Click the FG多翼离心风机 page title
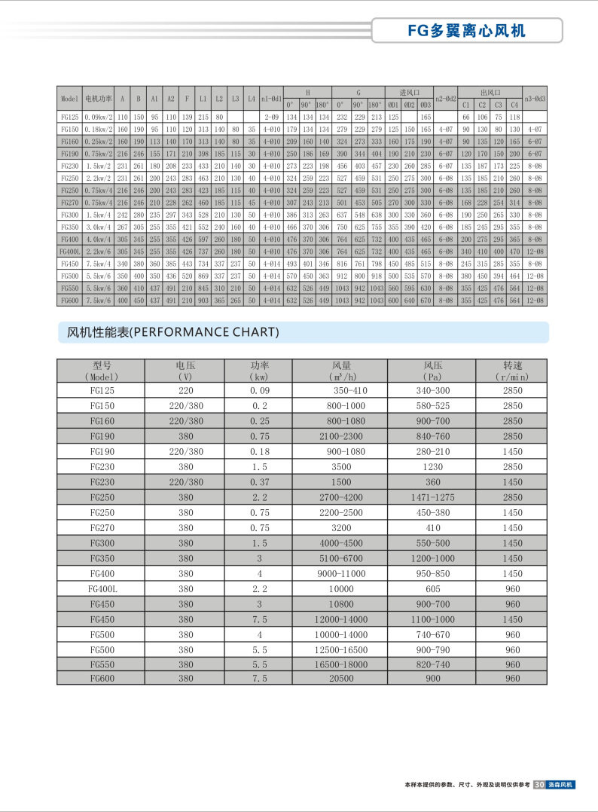467,30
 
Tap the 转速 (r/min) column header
512,371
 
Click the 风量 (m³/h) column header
340,371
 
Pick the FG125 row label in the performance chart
102,390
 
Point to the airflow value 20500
340,678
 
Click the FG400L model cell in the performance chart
102,588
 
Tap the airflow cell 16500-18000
340,664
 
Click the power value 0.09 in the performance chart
260,390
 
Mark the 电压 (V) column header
186,371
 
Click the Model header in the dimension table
69,99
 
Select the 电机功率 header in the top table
98,99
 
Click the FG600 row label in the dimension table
69,300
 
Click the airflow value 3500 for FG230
340,468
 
